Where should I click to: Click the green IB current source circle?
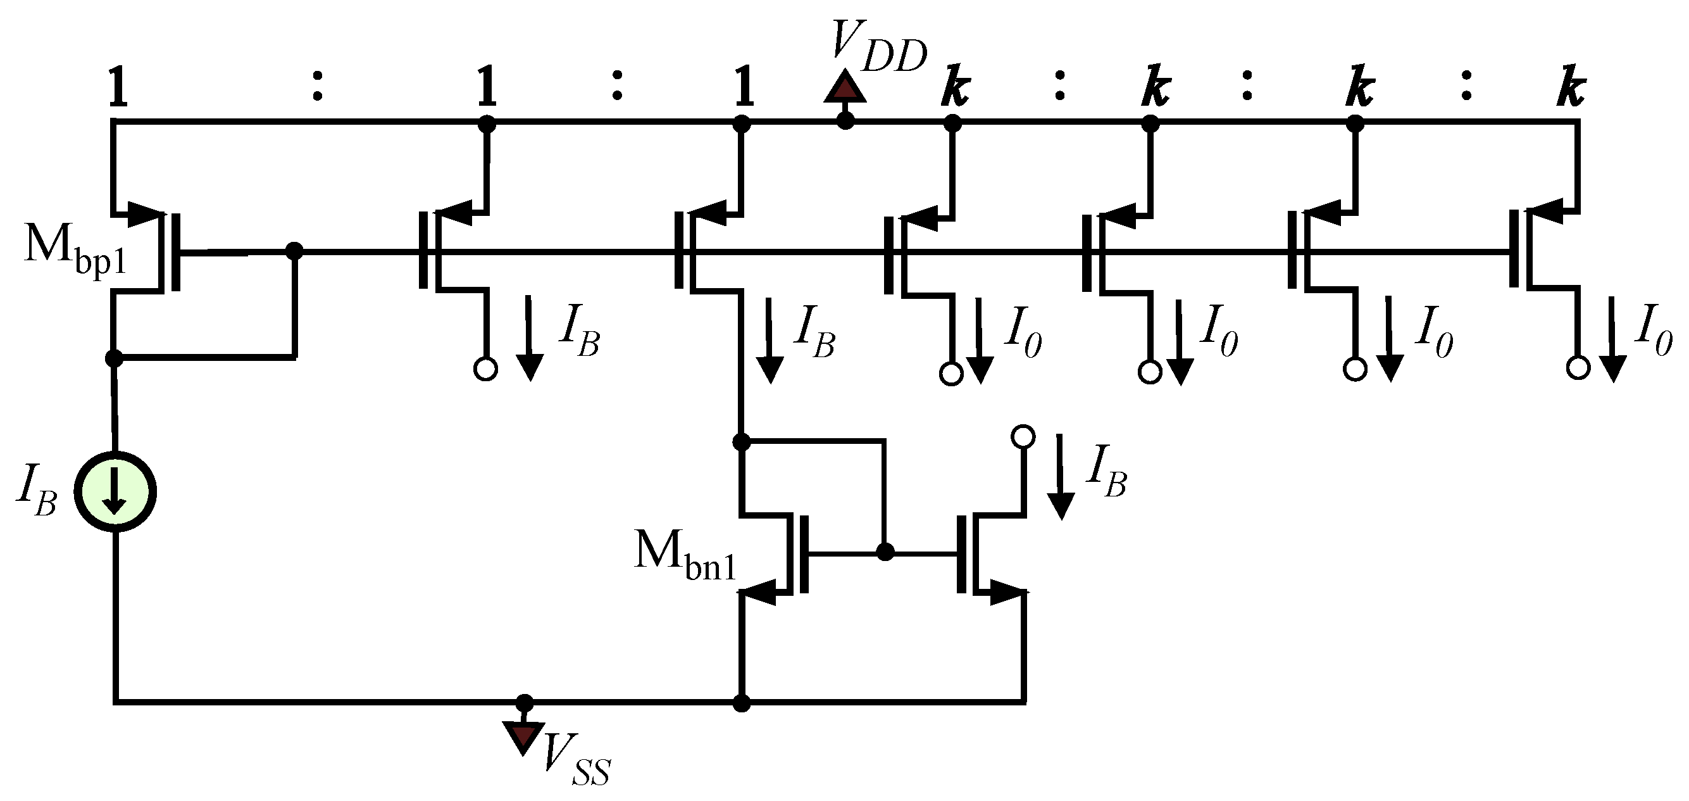[x=115, y=492]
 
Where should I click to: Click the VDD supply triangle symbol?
[x=845, y=90]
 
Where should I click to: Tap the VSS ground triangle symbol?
[x=523, y=736]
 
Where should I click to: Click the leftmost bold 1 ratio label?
[x=116, y=87]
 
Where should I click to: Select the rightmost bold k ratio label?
[x=1571, y=87]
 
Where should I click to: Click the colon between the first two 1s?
[x=316, y=87]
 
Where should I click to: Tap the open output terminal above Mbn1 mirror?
[x=1023, y=436]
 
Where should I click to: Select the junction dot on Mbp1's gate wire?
[x=294, y=251]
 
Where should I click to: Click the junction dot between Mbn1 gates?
[x=885, y=552]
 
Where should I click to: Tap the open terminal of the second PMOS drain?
[x=485, y=369]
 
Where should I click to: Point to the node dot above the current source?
[x=114, y=358]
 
